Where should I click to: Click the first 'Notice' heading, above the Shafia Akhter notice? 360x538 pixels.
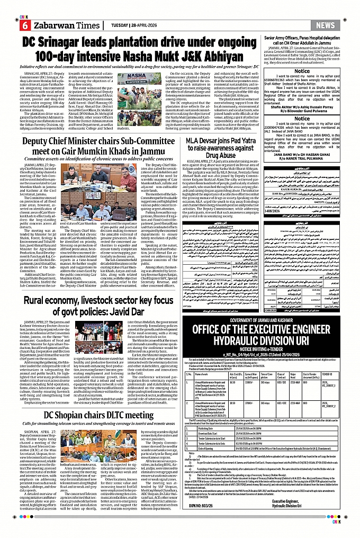(x=302, y=70)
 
